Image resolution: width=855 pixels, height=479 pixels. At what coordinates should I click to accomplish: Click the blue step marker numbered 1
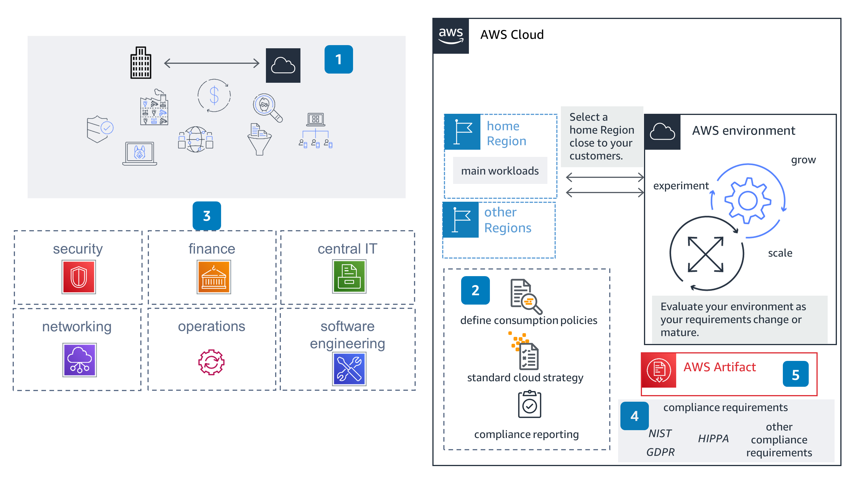pos(338,59)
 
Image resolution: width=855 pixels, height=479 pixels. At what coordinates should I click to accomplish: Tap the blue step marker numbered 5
pos(795,374)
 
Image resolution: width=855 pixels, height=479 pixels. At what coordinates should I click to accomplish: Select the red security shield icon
pos(79,277)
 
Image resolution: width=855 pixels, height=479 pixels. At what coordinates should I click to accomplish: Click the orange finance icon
pos(214,277)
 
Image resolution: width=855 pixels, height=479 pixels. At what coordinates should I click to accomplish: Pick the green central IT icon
pos(349,276)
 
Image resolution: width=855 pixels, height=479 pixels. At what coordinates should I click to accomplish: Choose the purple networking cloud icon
pos(79,360)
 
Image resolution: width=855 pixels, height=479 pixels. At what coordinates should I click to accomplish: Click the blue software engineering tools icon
pos(349,369)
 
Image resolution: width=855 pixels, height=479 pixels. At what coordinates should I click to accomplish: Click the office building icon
pos(141,63)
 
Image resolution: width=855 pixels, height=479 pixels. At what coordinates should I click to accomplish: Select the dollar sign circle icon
pos(214,95)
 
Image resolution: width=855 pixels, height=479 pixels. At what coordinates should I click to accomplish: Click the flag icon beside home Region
pos(462,132)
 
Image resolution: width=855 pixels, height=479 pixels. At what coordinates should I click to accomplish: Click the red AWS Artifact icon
pos(659,370)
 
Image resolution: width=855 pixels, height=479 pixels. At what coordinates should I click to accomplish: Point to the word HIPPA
pos(713,438)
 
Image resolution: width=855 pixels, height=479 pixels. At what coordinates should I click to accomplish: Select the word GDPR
pos(660,452)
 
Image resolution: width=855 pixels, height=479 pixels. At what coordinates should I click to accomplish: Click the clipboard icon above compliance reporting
pos(529,404)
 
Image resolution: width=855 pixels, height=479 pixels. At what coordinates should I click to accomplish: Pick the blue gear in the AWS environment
pos(747,200)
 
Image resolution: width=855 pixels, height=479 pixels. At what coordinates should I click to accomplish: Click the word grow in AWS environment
pos(803,160)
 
